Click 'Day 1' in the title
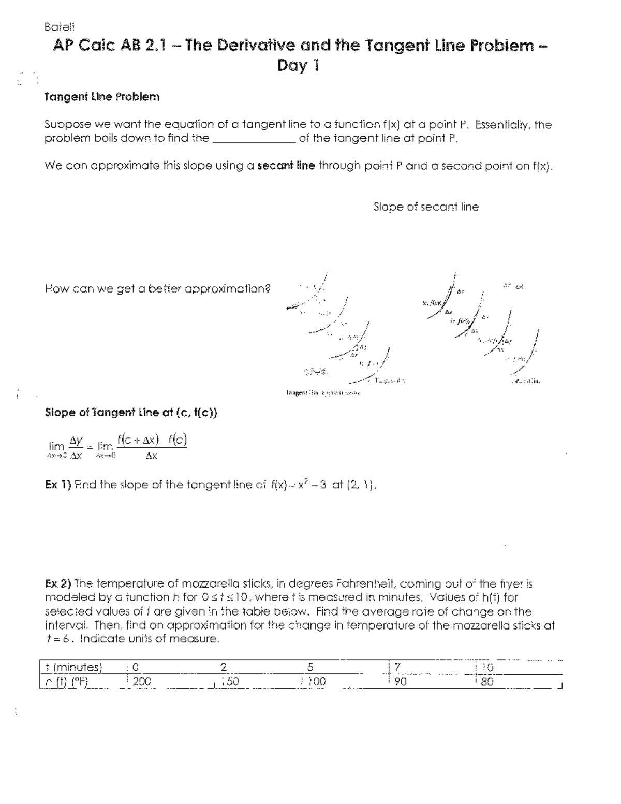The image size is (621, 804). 299,66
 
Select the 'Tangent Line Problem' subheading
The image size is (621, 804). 101,97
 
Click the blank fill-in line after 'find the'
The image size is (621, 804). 254,139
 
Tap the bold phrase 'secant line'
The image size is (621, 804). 286,166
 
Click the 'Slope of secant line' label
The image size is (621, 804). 425,207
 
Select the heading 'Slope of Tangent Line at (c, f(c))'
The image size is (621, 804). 131,413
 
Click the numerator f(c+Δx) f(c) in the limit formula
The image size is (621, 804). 151,440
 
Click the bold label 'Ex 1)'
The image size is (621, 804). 58,485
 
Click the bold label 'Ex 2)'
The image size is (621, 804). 58,584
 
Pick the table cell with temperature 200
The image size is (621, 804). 141,682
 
